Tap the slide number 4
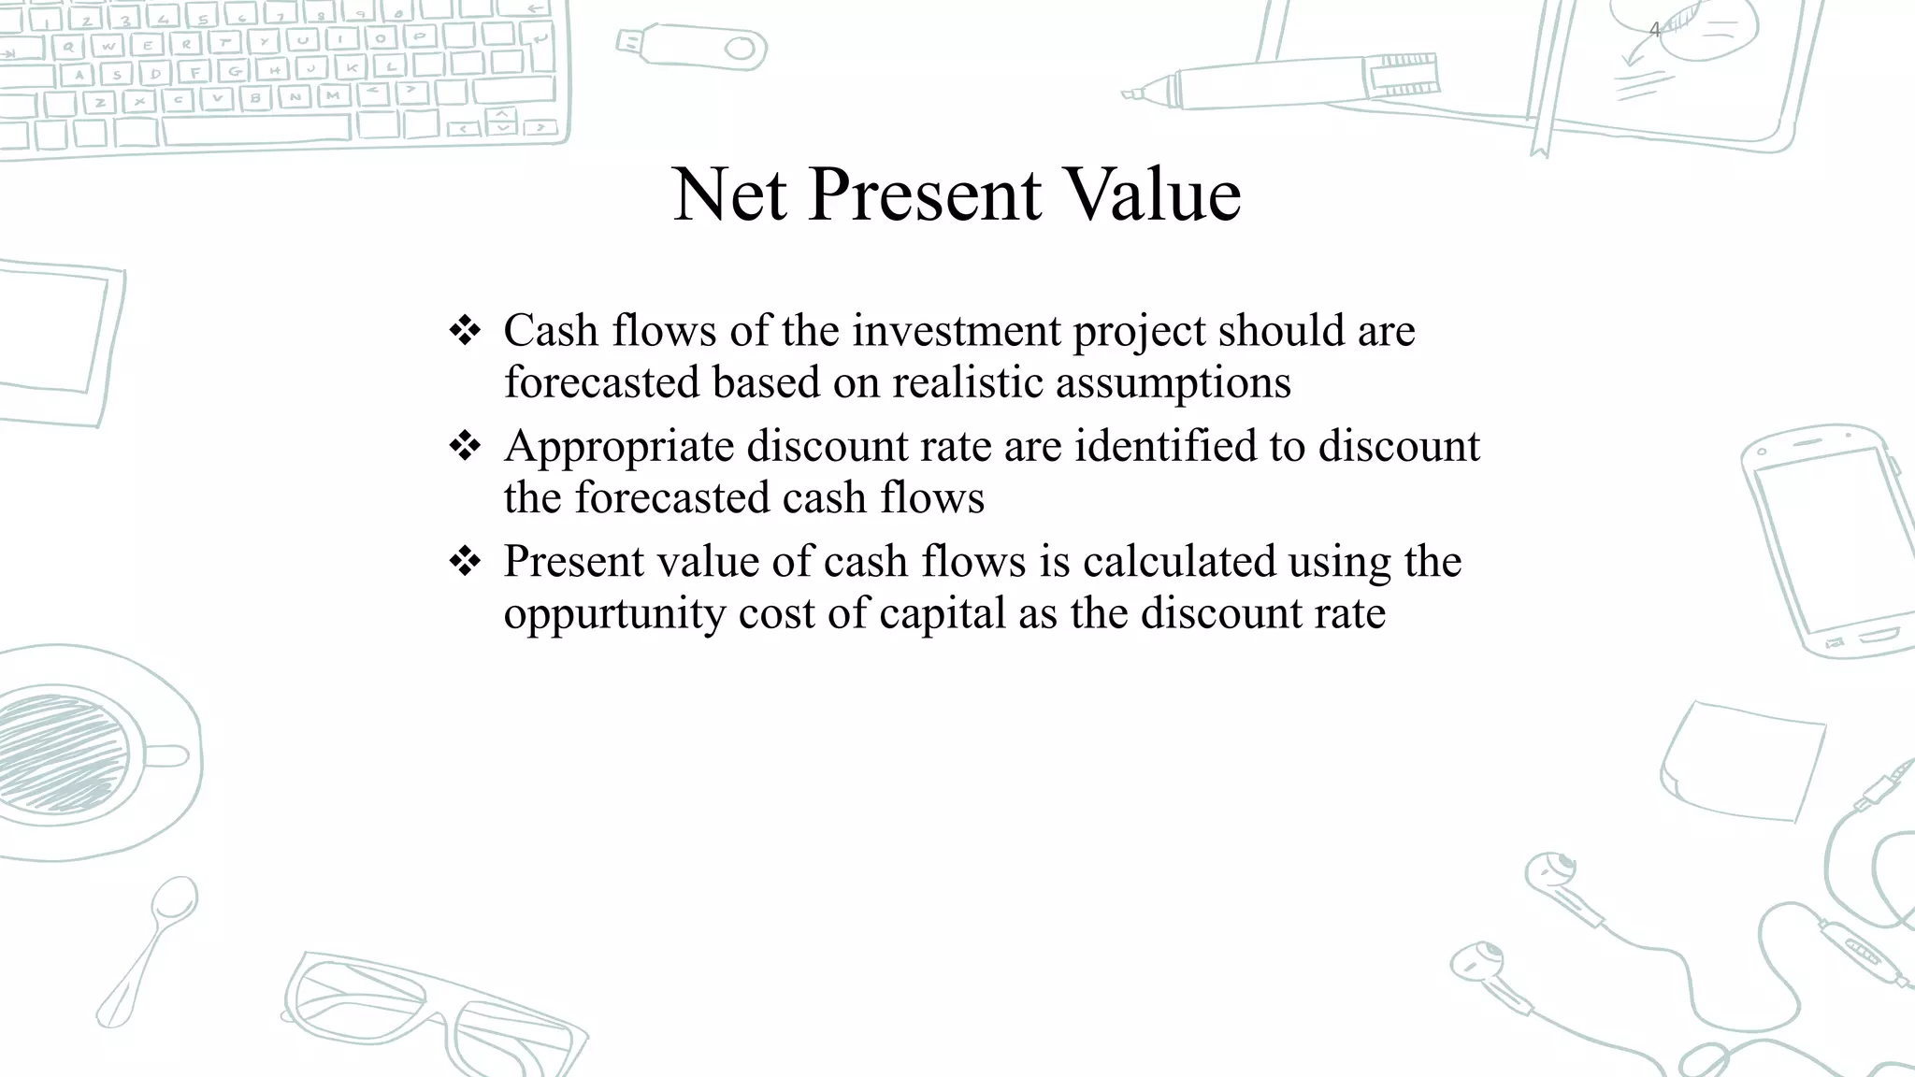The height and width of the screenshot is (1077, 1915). click(x=1654, y=30)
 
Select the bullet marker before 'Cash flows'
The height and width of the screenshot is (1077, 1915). click(x=465, y=330)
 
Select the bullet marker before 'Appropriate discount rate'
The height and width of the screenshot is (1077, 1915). click(x=465, y=446)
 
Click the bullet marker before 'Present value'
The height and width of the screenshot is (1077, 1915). click(x=465, y=561)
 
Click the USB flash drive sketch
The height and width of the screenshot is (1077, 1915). click(x=692, y=47)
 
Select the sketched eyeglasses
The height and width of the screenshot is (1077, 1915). click(x=430, y=1014)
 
